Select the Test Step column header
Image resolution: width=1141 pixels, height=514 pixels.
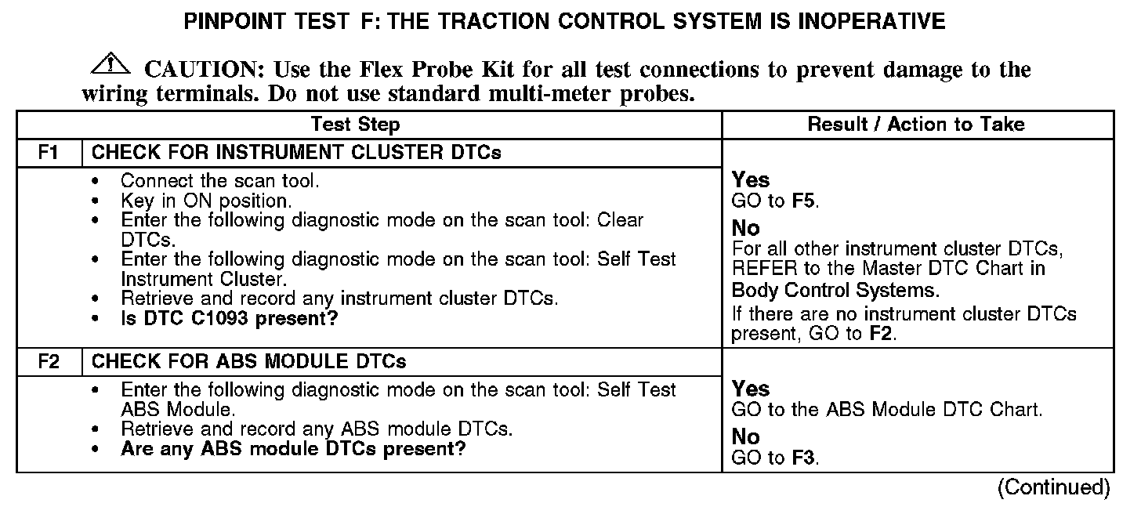click(355, 125)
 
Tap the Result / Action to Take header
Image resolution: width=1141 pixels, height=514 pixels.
click(916, 125)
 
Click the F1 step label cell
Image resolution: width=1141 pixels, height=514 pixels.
click(49, 153)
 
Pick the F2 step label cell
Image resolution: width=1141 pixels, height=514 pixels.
click(49, 362)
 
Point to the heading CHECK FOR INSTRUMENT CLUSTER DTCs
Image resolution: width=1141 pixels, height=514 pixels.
click(296, 153)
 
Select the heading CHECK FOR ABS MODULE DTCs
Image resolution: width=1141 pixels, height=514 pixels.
click(249, 362)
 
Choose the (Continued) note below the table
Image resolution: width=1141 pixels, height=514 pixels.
click(1053, 487)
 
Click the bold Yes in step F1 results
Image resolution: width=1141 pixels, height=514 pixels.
click(751, 180)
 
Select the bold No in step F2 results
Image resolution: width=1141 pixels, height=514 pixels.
click(746, 436)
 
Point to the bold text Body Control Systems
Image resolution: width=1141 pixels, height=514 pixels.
click(835, 291)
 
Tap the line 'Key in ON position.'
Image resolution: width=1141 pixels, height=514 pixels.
click(206, 201)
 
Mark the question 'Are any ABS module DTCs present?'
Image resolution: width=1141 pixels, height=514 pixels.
click(293, 450)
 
